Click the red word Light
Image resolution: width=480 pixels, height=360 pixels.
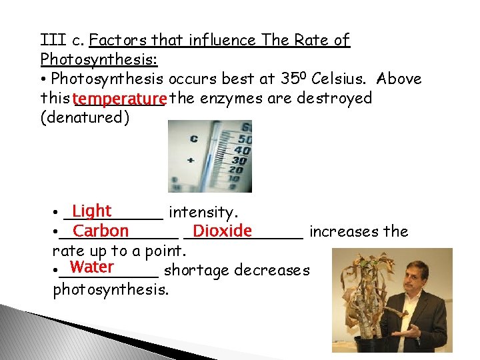92,211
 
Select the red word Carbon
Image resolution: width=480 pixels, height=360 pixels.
101,231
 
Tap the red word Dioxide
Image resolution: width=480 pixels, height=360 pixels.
222,231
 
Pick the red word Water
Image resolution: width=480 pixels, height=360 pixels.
91,268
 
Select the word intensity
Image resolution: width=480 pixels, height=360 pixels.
203,213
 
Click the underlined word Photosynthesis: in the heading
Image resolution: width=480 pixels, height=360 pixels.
99,59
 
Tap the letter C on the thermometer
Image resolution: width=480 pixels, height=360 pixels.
194,138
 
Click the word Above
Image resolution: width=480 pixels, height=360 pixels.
398,79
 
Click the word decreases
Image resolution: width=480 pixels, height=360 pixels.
273,270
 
